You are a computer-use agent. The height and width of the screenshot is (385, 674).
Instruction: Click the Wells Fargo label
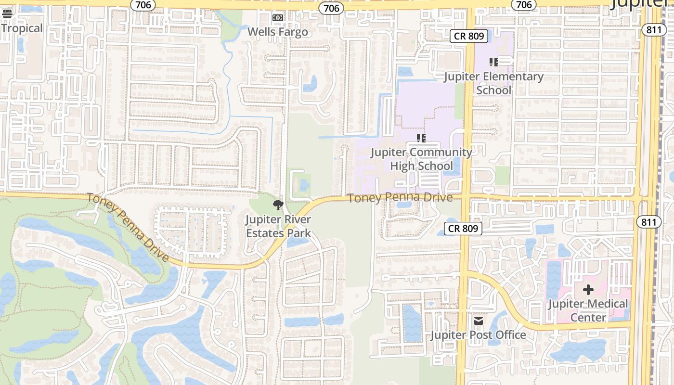(277, 32)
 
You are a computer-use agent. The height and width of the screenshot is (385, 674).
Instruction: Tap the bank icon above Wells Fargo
(277, 18)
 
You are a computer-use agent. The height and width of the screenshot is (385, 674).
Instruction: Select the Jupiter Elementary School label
(493, 83)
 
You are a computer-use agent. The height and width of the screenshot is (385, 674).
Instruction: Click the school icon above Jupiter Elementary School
(493, 62)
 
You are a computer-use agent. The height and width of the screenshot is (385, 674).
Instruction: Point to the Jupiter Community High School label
(421, 159)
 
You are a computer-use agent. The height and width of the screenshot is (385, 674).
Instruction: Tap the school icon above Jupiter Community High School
(421, 138)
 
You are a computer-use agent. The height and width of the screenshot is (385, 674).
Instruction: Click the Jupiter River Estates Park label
(278, 226)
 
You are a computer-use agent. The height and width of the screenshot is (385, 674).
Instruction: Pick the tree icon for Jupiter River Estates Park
(278, 205)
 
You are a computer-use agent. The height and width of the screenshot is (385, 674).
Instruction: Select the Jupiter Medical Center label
(588, 310)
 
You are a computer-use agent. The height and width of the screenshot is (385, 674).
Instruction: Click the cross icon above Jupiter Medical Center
(588, 290)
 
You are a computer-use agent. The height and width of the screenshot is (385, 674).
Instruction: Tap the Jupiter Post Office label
(478, 335)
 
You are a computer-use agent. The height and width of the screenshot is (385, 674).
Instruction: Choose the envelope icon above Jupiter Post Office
(478, 321)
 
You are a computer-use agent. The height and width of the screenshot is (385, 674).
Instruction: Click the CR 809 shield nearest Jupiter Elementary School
(469, 36)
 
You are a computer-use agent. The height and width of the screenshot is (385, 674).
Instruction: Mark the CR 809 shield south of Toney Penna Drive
(463, 229)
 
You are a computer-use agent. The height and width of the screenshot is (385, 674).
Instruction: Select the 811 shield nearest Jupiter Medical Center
(648, 222)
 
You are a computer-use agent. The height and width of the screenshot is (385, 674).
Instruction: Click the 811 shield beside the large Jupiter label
(654, 30)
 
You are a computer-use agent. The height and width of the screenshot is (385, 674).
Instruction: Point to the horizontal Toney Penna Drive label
(400, 198)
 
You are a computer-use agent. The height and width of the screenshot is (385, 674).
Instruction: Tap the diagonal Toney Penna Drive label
(128, 227)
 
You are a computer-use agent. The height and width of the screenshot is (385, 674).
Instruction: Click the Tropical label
(22, 28)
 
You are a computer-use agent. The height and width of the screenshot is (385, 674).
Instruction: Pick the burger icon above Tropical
(7, 13)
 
